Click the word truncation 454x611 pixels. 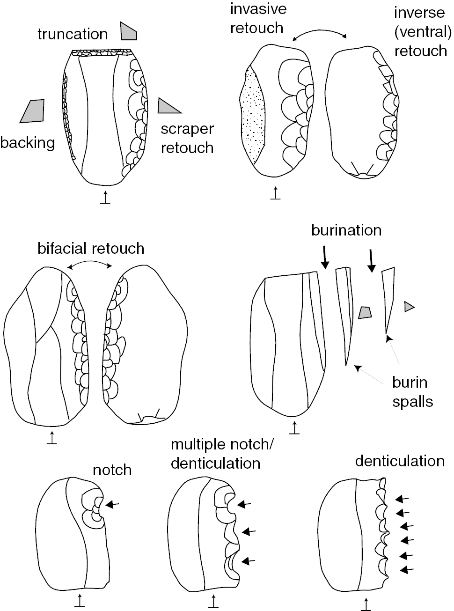pos(73,34)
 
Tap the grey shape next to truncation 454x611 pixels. pos(128,31)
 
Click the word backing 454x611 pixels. pos(28,142)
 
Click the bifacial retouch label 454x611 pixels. pos(91,248)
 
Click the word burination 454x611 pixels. pos(346,230)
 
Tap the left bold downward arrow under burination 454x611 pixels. pos(324,258)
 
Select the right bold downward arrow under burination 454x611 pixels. pos(371,260)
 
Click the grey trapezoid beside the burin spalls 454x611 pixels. pos(365,313)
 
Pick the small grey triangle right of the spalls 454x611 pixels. pos(409,307)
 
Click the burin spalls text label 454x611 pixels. pos(412,392)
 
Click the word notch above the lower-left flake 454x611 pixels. pos(112,470)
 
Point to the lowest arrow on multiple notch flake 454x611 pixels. pos(249,560)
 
